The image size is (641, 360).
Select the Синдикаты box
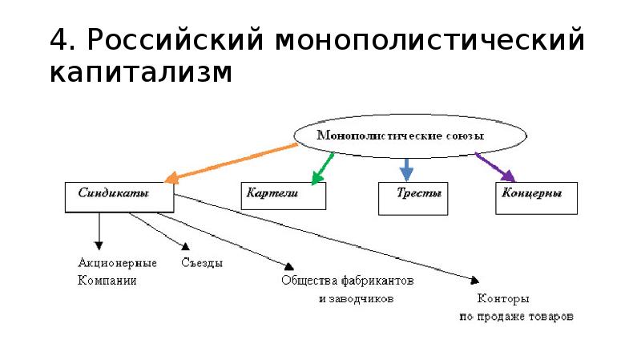119,196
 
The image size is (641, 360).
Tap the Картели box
284,196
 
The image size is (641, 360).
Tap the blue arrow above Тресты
406,168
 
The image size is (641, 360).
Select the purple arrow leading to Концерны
495,166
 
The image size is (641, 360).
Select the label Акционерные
117,263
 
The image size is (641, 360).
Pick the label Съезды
201,263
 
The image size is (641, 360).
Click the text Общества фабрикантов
348,281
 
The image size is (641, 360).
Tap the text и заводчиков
357,298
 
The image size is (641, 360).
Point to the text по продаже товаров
516,316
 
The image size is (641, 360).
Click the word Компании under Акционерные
107,281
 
